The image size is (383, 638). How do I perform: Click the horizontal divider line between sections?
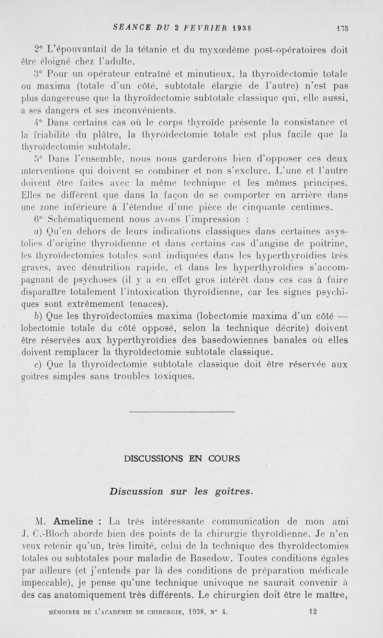182,411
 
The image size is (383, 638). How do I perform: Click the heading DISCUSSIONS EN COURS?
182,458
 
